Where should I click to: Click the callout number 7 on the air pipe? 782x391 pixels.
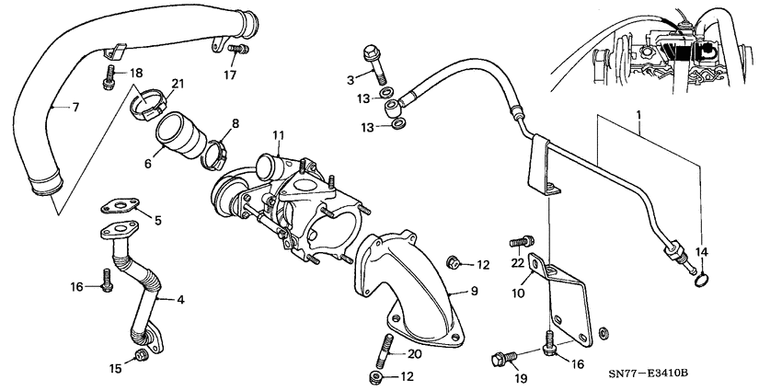click(75, 108)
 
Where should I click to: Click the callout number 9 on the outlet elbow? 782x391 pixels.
click(474, 292)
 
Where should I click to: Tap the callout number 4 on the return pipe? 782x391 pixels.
click(179, 300)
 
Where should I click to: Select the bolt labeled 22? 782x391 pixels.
click(517, 245)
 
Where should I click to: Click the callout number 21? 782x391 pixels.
click(178, 85)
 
